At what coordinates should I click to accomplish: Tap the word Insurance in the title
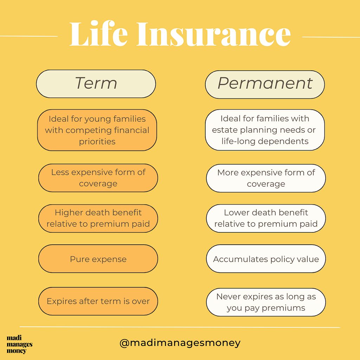(x=214, y=34)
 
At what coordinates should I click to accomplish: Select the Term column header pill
(x=96, y=84)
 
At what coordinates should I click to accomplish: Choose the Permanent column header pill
(x=265, y=84)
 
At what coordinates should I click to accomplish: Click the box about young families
(x=97, y=130)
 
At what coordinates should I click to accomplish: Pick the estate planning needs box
(x=265, y=130)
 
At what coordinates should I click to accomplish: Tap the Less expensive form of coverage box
(x=98, y=178)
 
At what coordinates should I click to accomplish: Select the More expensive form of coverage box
(x=266, y=178)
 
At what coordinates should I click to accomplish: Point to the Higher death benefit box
(x=98, y=218)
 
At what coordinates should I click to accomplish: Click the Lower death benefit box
(x=266, y=218)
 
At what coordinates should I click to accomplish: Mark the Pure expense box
(x=98, y=259)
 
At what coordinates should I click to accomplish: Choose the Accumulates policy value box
(x=266, y=259)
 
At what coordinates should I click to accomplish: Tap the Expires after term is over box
(x=98, y=301)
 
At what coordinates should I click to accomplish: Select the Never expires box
(x=266, y=302)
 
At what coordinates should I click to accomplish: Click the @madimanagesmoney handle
(x=180, y=343)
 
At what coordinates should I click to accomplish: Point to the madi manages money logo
(x=20, y=345)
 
